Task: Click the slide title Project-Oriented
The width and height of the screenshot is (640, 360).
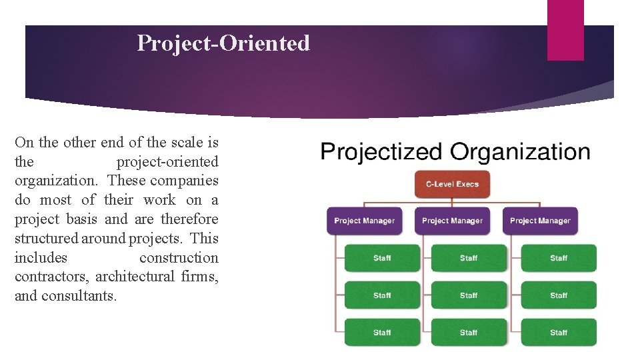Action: pyautogui.click(x=223, y=43)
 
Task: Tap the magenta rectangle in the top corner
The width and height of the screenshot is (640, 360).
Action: pyautogui.click(x=565, y=30)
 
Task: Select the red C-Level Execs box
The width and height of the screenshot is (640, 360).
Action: pyautogui.click(x=453, y=184)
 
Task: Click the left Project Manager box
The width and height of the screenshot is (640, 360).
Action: pyautogui.click(x=364, y=221)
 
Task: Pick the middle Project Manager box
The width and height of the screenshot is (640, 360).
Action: pyautogui.click(x=452, y=221)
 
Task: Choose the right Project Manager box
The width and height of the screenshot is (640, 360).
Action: pyautogui.click(x=540, y=221)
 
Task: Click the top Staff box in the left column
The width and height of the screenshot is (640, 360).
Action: pyautogui.click(x=382, y=258)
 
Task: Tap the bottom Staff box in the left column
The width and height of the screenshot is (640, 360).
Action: pyautogui.click(x=382, y=333)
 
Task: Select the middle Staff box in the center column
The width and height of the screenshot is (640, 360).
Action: pyautogui.click(x=469, y=295)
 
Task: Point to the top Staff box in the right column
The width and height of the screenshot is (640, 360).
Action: pyautogui.click(x=559, y=258)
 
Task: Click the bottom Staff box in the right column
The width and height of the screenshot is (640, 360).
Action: pyautogui.click(x=559, y=333)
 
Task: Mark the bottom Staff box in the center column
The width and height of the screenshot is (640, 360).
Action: pyautogui.click(x=469, y=333)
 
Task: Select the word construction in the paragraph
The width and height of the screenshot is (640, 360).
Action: pyautogui.click(x=179, y=258)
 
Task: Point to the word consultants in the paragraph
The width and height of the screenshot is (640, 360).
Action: pyautogui.click(x=79, y=296)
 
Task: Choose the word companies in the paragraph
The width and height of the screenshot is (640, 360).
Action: pyautogui.click(x=184, y=181)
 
